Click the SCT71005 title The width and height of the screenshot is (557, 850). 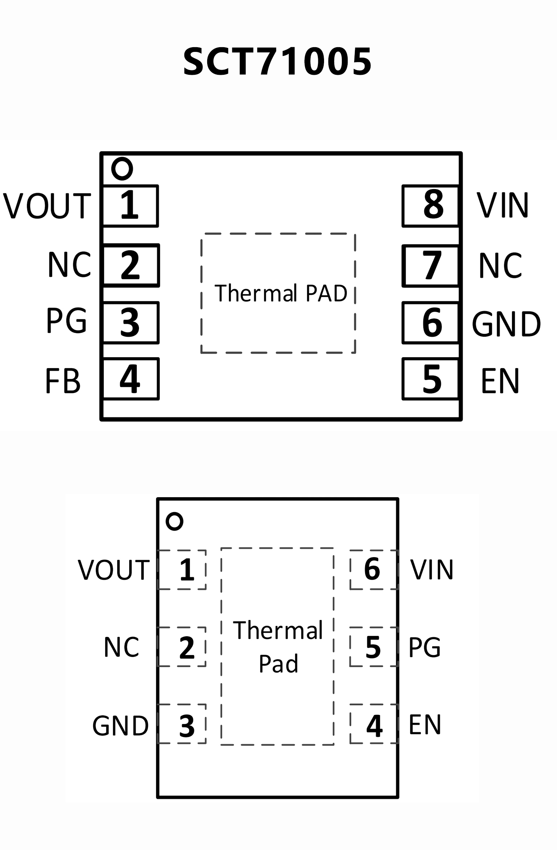pos(277,62)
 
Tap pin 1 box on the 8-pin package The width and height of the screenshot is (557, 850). pos(130,206)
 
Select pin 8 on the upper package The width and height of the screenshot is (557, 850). pos(431,206)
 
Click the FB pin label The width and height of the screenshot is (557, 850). pos(62,381)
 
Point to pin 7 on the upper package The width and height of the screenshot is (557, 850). pos(431,266)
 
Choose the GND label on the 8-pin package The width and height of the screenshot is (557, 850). pos(506,324)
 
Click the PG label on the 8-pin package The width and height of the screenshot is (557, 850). pos(67,320)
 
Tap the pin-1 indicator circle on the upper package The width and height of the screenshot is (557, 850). pos(122,169)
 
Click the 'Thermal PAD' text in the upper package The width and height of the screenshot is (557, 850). pos(280,293)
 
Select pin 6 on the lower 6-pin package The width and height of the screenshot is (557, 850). pos(373,569)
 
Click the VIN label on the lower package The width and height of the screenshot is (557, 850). pos(431,569)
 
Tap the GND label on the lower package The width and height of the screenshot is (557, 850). pos(120,726)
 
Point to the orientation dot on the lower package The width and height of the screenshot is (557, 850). pos(175,522)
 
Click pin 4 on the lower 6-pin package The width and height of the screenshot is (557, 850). pos(374,726)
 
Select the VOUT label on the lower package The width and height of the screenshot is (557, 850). pos(114,570)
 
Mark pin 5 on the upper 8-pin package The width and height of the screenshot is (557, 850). pos(431,379)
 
